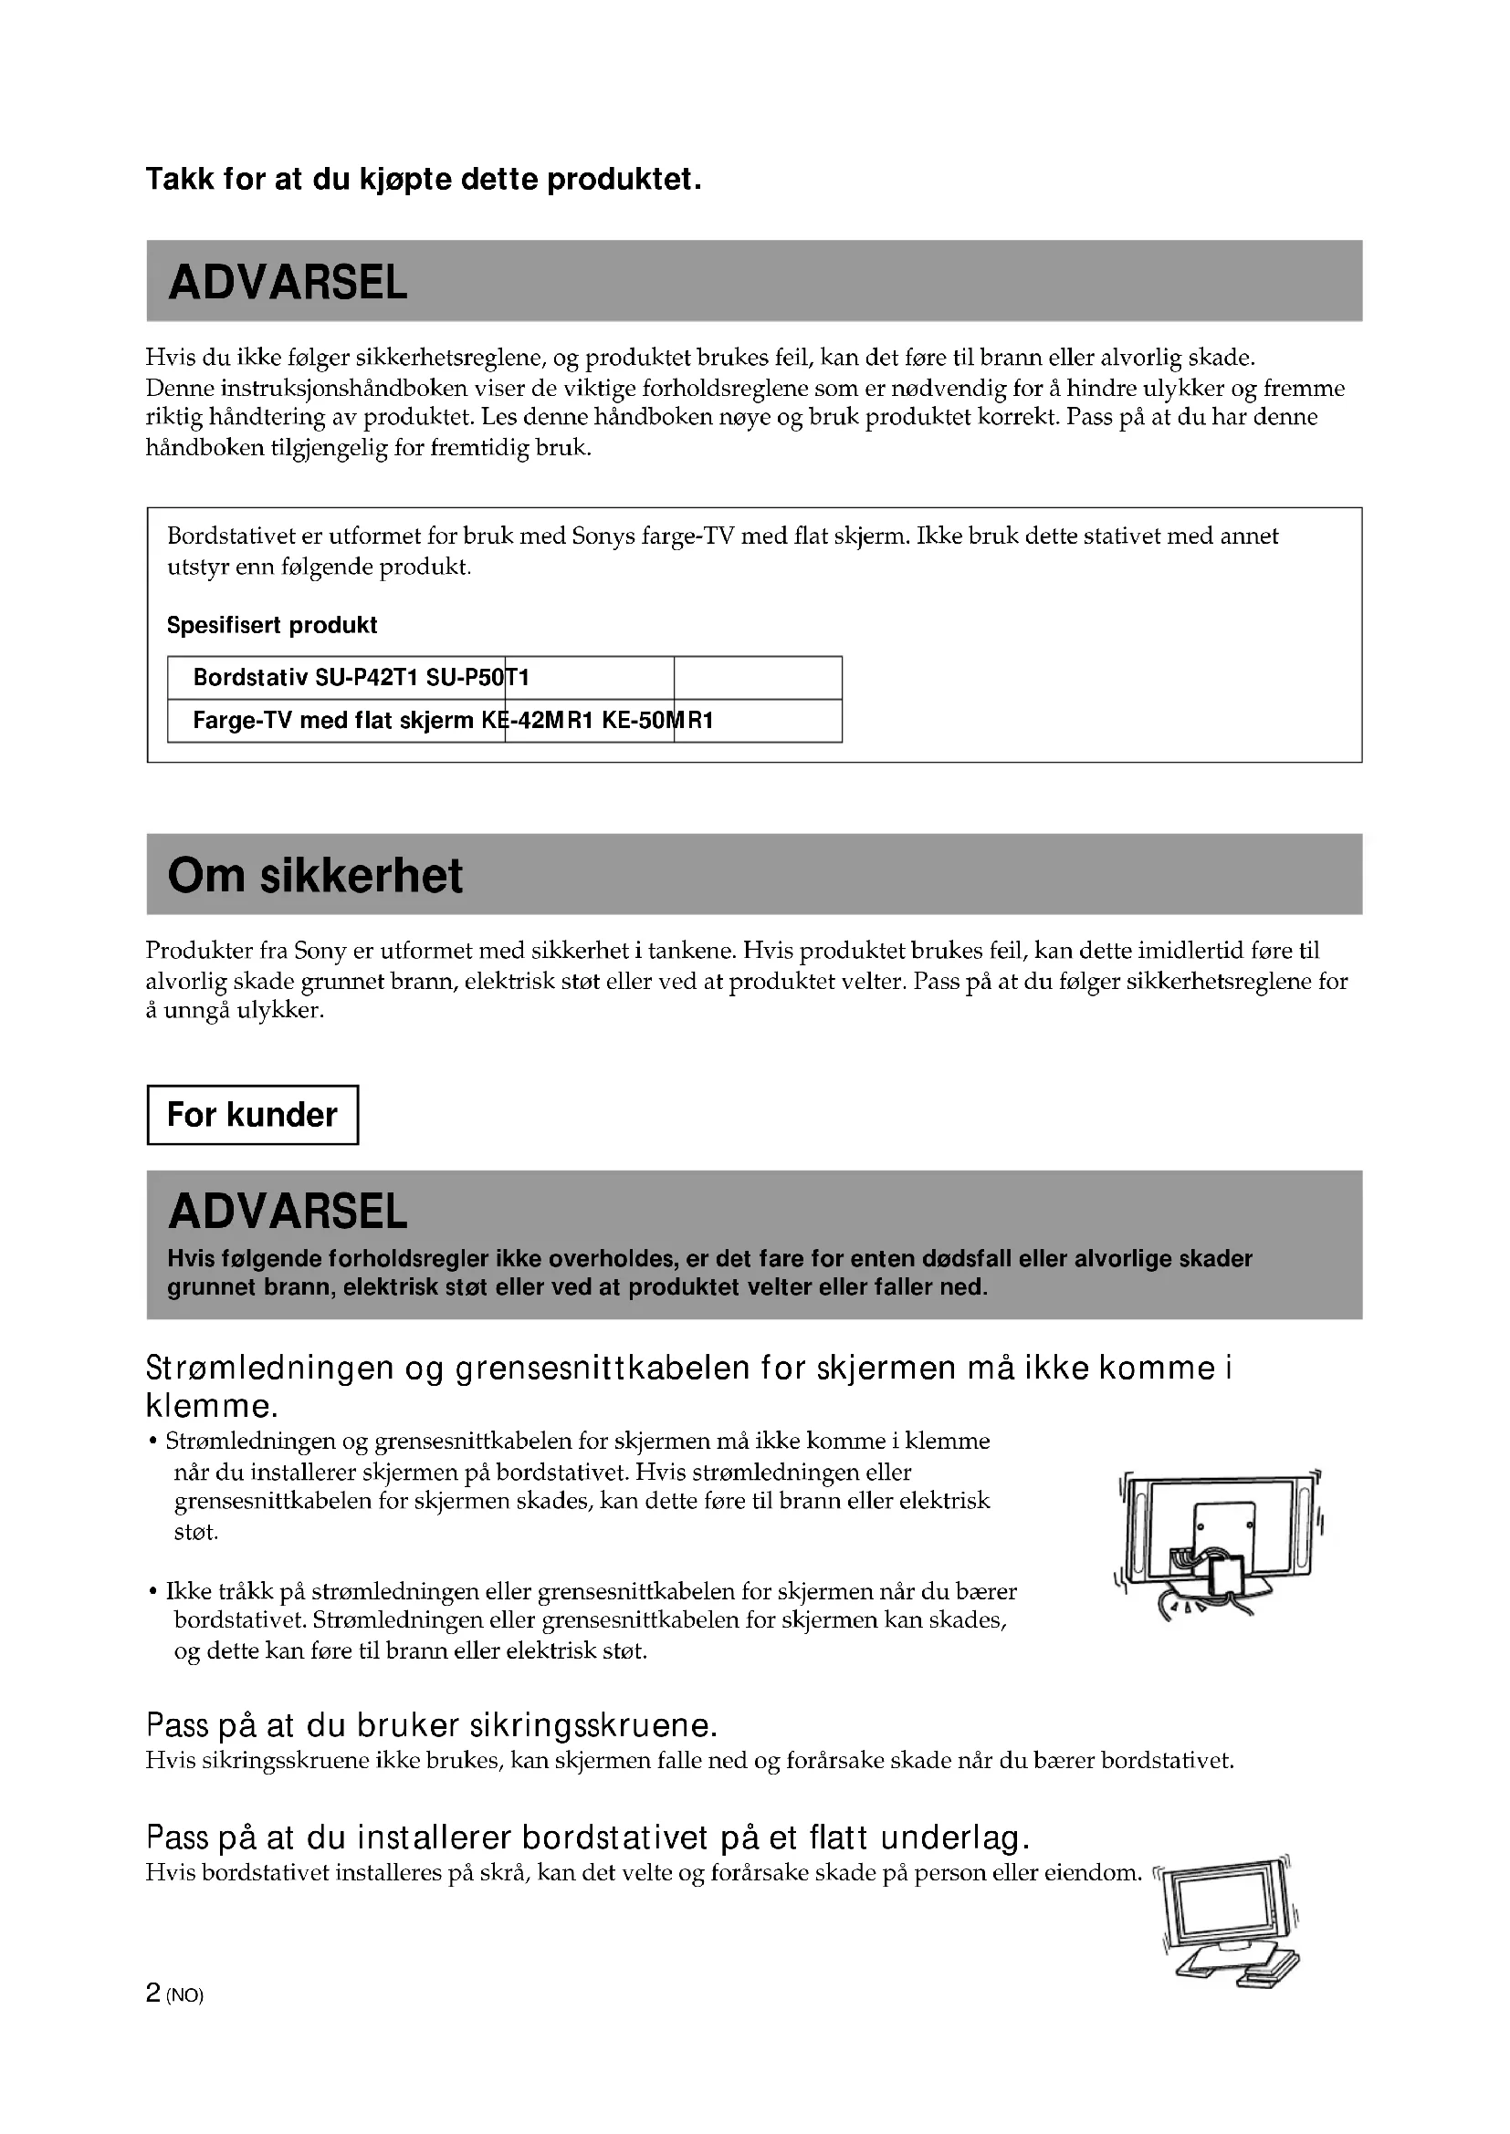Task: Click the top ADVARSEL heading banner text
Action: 288,283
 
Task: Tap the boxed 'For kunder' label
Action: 252,1114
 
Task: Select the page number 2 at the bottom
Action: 153,1993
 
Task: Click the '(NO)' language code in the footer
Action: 184,1995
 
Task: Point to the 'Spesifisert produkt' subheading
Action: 271,626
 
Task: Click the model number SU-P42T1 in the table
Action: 366,678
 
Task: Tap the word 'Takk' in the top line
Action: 181,180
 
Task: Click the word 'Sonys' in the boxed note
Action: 603,536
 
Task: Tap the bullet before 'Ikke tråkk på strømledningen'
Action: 152,1593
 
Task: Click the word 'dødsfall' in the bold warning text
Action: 967,1258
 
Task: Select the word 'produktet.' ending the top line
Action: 623,180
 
